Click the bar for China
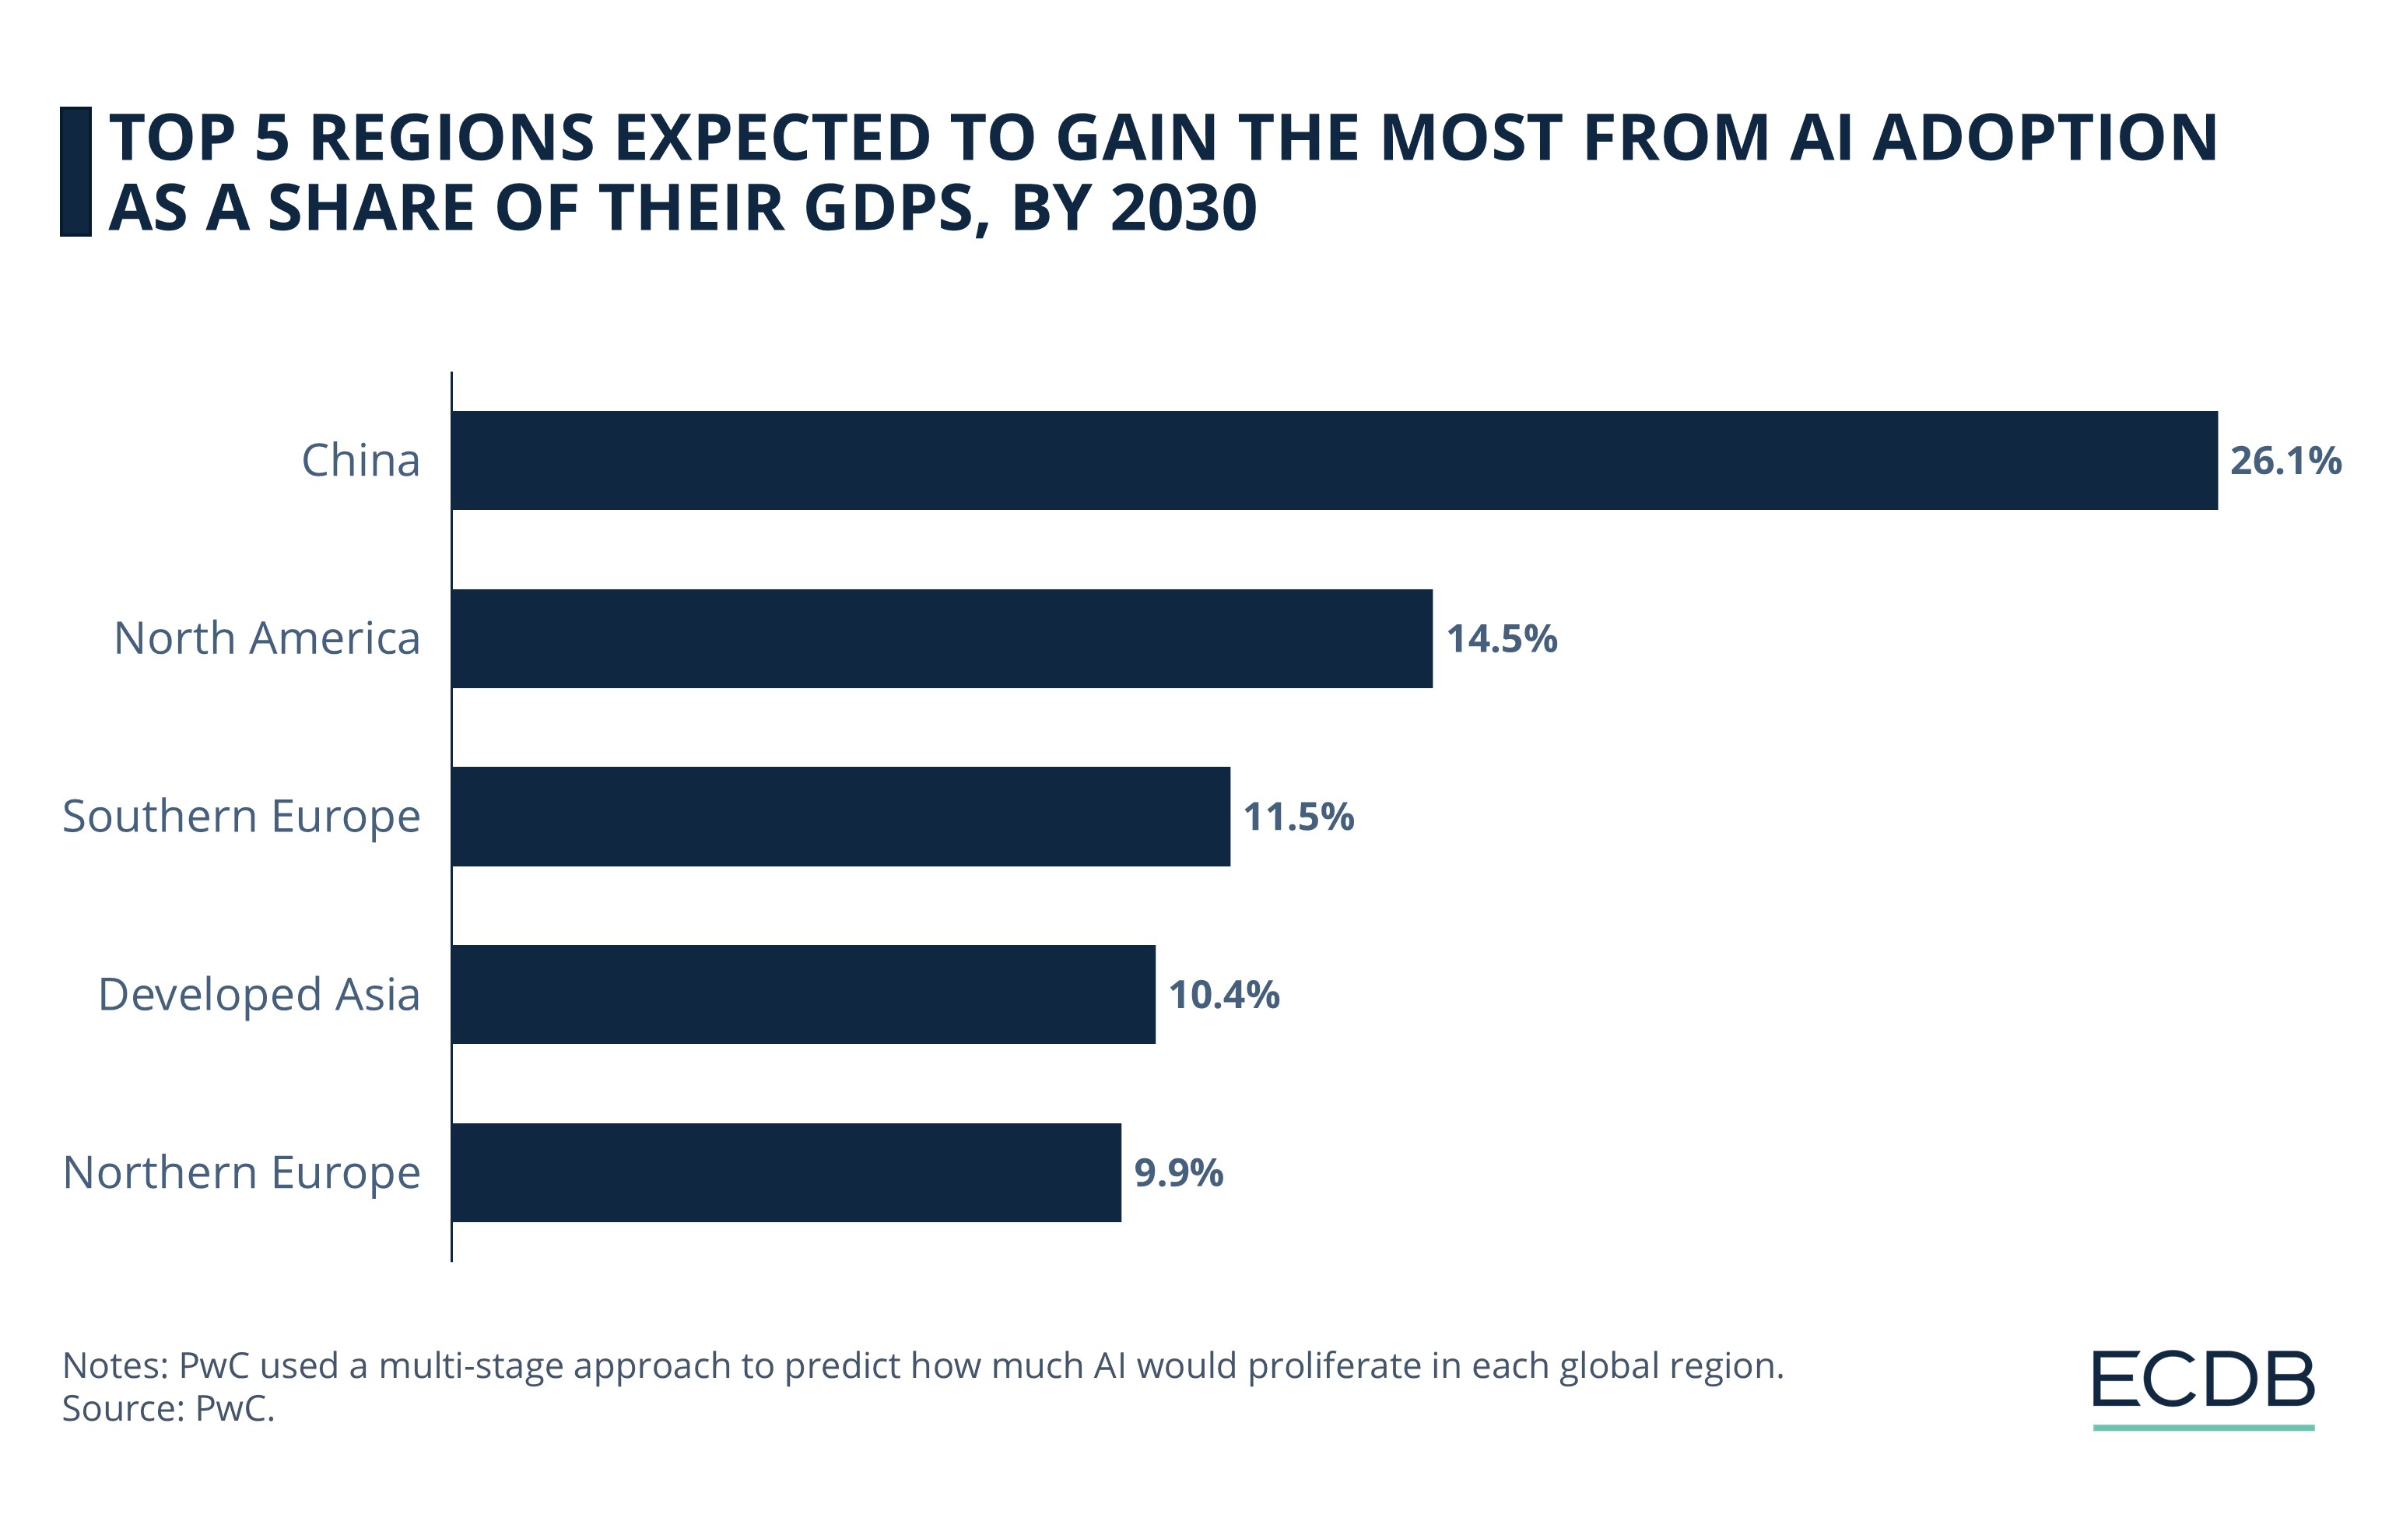point(1335,460)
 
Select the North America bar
point(942,639)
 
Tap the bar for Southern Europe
point(840,817)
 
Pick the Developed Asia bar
point(803,994)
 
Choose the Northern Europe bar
point(787,1172)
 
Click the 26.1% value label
point(2285,461)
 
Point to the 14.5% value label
point(1501,639)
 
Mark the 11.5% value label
point(1298,817)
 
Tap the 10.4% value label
point(1223,995)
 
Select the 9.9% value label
point(1179,1172)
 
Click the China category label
point(360,461)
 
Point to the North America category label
point(266,639)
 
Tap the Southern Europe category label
point(241,817)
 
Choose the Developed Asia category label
point(258,995)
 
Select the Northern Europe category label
point(241,1172)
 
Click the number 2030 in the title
point(1183,209)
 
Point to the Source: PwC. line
point(167,1408)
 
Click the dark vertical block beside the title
point(75,172)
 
